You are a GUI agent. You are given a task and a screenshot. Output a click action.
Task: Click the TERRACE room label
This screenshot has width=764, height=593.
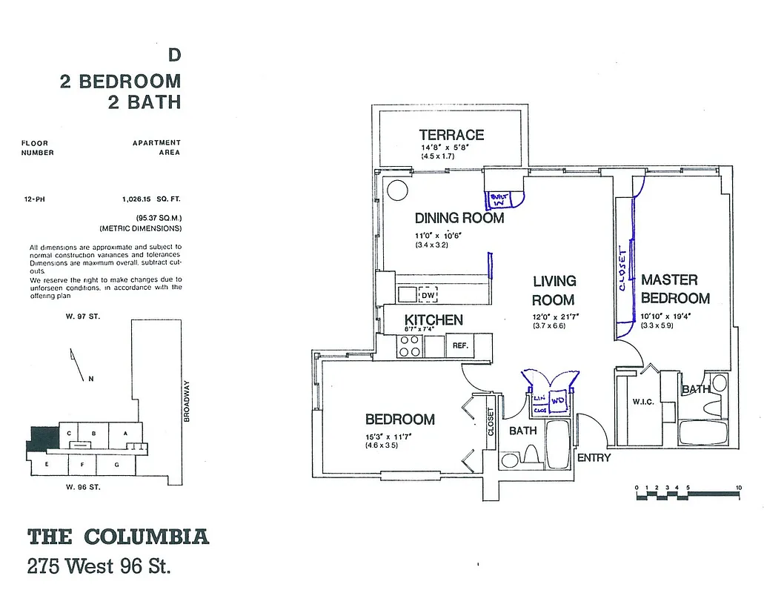click(451, 135)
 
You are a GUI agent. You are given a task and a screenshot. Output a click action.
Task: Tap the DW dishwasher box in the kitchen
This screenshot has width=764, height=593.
click(427, 294)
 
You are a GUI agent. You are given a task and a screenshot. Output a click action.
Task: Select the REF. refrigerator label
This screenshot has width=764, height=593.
click(459, 345)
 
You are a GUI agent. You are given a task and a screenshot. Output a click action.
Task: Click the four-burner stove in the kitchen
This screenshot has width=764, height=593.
click(411, 346)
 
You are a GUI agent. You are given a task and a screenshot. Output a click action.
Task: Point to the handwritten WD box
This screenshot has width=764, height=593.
click(558, 400)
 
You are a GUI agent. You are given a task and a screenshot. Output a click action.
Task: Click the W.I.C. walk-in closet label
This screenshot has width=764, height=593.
click(642, 402)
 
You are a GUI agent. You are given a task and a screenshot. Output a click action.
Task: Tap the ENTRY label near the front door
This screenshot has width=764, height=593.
click(594, 457)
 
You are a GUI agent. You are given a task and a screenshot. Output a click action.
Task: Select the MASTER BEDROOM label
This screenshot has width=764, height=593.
click(675, 289)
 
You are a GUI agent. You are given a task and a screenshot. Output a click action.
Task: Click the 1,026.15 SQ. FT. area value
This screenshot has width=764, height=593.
click(151, 199)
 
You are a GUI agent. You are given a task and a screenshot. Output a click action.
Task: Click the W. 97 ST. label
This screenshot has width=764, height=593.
click(82, 317)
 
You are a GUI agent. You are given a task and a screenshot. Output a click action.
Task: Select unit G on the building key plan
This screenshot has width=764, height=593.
click(116, 465)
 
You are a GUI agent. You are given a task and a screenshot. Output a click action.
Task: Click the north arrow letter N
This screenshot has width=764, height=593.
click(90, 379)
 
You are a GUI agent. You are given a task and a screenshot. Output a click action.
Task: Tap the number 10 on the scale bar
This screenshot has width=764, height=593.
click(739, 487)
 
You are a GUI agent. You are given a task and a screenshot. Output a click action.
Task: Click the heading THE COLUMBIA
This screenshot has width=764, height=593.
click(118, 537)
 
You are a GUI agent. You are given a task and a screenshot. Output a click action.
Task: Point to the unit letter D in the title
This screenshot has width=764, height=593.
click(174, 55)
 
